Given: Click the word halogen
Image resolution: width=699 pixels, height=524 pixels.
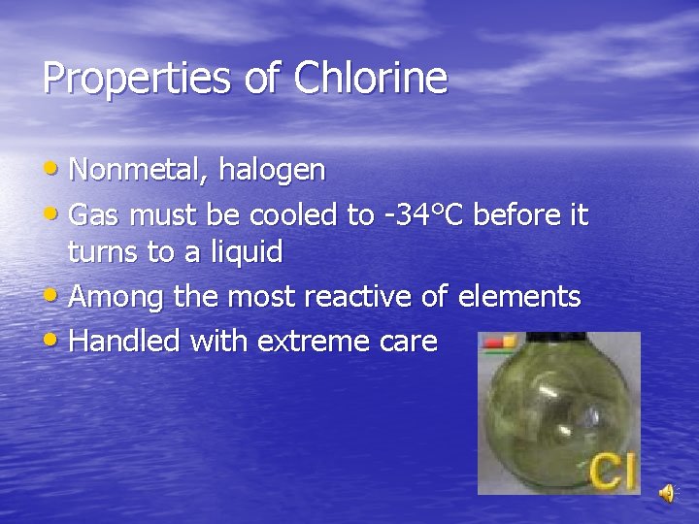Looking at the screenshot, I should [272, 171].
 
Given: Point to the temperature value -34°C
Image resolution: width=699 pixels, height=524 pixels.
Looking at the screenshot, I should [427, 214].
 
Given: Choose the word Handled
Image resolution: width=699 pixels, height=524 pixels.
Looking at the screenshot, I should [125, 341].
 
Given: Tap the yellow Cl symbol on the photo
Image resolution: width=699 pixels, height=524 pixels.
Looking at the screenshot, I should [614, 470].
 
